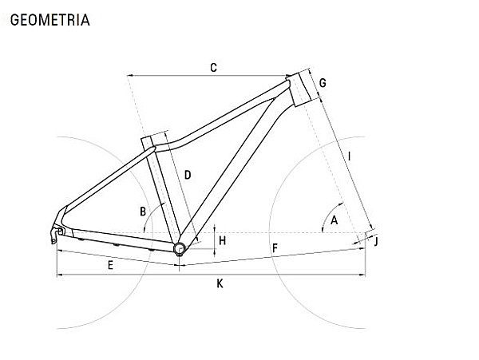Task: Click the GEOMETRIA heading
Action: (50, 20)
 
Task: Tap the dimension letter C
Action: (213, 68)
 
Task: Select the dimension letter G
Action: (323, 83)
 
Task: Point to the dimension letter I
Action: (350, 156)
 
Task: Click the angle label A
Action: (335, 220)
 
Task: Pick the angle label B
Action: (143, 212)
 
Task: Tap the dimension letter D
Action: (188, 175)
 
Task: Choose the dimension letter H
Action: (223, 240)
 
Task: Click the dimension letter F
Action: (275, 248)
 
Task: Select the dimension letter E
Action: (110, 265)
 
